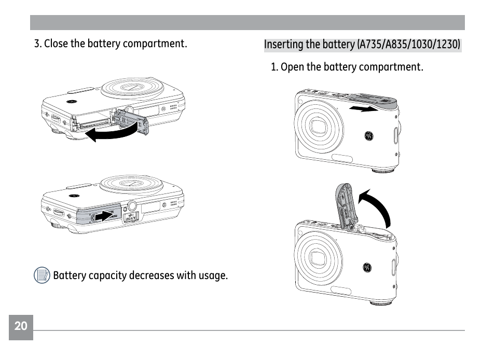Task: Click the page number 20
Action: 21,326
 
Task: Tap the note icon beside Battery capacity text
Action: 42,275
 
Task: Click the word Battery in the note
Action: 70,275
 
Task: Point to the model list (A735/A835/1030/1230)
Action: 408,45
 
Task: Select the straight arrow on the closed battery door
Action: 107,215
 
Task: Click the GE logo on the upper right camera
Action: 369,136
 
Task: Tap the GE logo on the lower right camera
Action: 367,268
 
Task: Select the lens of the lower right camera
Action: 317,257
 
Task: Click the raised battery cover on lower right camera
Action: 343,204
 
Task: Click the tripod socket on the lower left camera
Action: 132,205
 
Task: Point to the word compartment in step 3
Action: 159,44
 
